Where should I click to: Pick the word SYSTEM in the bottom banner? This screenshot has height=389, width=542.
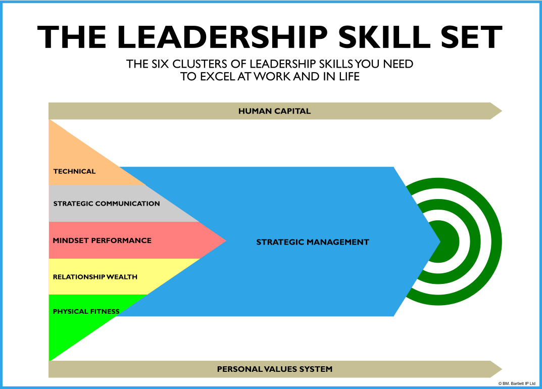pyautogui.click(x=317, y=369)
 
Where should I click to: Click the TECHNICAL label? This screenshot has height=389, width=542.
pyautogui.click(x=74, y=171)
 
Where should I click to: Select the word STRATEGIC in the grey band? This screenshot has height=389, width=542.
pyautogui.click(x=73, y=204)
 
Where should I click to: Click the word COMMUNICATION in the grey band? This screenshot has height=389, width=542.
pyautogui.click(x=128, y=204)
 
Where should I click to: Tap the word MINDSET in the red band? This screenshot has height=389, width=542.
pyautogui.click(x=70, y=240)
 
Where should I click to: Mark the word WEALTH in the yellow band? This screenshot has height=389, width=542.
pyautogui.click(x=122, y=277)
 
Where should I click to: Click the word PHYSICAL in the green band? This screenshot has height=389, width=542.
pyautogui.click(x=68, y=312)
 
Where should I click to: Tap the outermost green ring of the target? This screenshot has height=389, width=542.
pyautogui.click(x=496, y=241)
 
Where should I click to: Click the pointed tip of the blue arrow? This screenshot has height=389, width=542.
pyautogui.click(x=439, y=241)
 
